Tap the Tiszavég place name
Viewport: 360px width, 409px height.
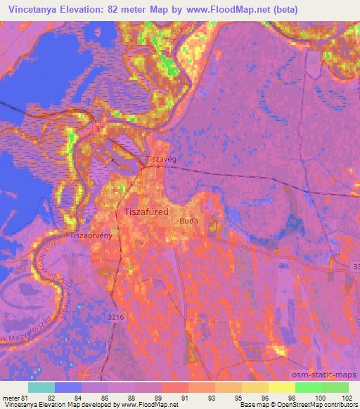(x=160, y=160)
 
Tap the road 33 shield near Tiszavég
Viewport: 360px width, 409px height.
(x=100, y=130)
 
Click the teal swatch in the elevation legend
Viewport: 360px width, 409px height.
(x=41, y=387)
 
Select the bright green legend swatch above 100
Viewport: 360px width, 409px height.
(x=308, y=387)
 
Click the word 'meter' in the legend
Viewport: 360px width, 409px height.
(x=11, y=398)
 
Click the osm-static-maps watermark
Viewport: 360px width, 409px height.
(x=330, y=376)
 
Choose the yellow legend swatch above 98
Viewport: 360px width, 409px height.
(x=281, y=387)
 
